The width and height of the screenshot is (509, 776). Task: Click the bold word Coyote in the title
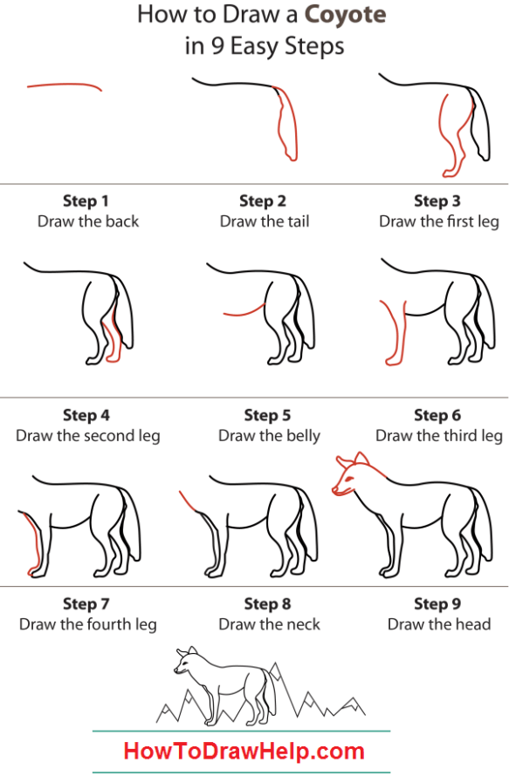(x=345, y=16)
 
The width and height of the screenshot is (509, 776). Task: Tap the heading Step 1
(x=86, y=201)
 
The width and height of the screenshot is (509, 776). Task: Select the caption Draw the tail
(x=265, y=221)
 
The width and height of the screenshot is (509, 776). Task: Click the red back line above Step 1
(x=65, y=85)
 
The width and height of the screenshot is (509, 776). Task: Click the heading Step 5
(x=268, y=415)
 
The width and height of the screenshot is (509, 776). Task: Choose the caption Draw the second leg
(x=88, y=435)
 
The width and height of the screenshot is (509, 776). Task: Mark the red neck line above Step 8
(x=189, y=501)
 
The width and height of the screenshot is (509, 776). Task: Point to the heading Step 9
(x=437, y=603)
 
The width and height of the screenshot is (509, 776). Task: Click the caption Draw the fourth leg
(x=88, y=624)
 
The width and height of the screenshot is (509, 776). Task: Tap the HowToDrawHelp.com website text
(x=244, y=751)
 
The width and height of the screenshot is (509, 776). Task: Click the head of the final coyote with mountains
(x=186, y=660)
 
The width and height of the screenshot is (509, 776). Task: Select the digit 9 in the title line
(x=217, y=46)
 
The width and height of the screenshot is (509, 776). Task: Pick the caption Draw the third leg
(x=439, y=435)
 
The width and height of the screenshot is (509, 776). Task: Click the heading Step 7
(x=86, y=603)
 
